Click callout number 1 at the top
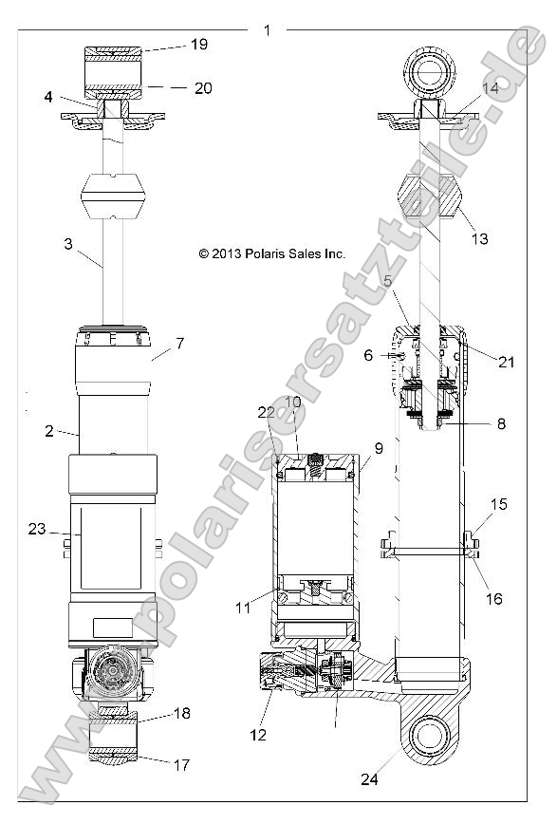(267, 30)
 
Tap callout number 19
(198, 44)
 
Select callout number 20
(202, 88)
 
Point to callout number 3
(67, 244)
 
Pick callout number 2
(48, 430)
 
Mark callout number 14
(490, 87)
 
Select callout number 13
(480, 238)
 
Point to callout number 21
(505, 362)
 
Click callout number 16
(494, 599)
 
